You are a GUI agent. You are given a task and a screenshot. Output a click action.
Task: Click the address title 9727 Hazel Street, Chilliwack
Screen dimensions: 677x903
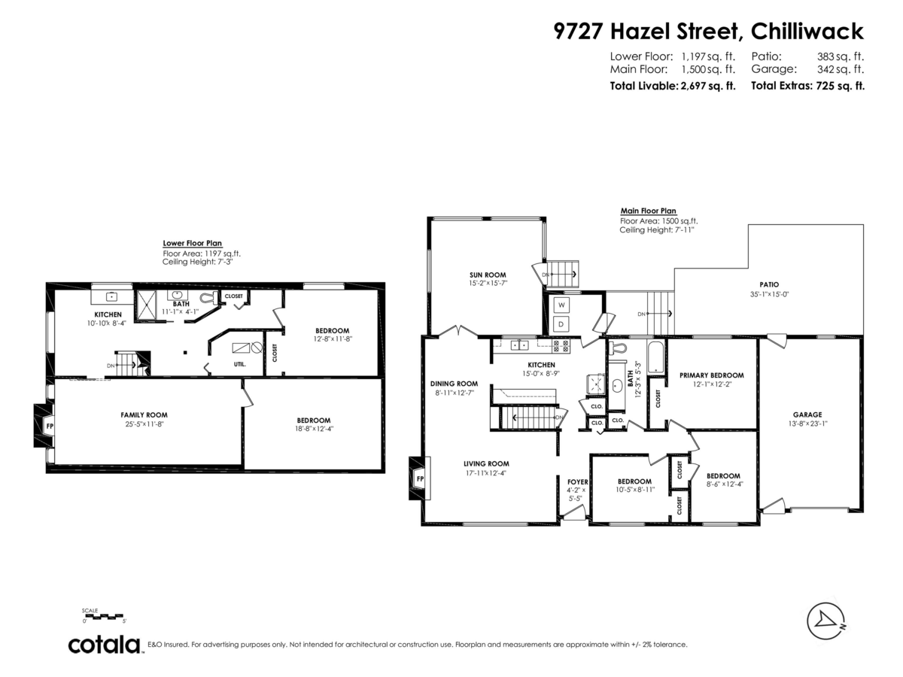tap(708, 32)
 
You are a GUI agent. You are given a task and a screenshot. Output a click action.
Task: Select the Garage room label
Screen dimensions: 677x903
tap(807, 414)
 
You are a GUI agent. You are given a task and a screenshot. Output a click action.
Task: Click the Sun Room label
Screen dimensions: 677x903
tap(487, 275)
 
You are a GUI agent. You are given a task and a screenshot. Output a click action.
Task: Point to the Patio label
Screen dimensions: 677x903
tap(768, 284)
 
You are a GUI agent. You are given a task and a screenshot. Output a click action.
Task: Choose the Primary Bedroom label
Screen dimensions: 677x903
tap(711, 375)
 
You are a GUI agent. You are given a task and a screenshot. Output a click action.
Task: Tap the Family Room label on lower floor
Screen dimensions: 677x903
tap(144, 414)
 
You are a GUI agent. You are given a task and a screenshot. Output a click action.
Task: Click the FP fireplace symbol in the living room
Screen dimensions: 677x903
tap(419, 479)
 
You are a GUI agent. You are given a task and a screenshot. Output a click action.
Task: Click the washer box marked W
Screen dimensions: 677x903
tap(561, 305)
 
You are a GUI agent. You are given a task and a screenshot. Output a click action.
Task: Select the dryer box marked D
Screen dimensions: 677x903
tap(561, 324)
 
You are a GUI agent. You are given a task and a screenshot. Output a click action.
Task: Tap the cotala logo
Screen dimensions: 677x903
tap(105, 645)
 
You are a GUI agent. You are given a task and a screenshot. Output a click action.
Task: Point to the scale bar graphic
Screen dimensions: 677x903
tap(104, 616)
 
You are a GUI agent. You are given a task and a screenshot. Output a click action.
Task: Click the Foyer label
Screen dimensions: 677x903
tap(577, 481)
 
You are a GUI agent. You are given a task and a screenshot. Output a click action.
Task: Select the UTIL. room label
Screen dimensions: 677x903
tap(239, 364)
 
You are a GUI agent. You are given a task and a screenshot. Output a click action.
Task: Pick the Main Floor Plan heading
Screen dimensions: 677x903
tap(648, 211)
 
